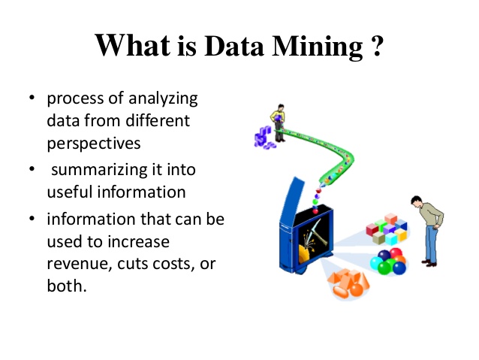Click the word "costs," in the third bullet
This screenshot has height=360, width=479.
(x=176, y=264)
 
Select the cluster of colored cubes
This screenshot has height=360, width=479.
(x=384, y=228)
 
